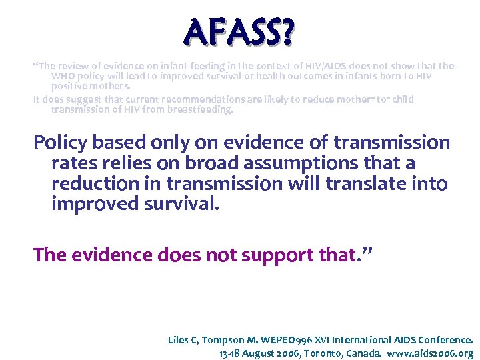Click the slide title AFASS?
239,31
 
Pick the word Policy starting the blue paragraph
61,143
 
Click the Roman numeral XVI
318,340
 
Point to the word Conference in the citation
447,340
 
